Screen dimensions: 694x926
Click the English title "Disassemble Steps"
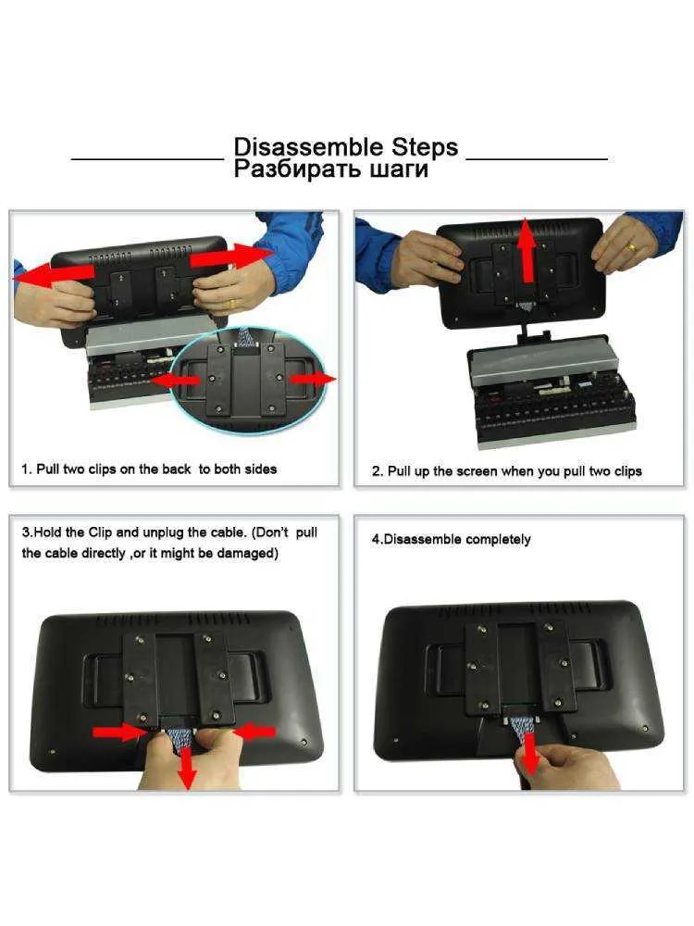pos(346,147)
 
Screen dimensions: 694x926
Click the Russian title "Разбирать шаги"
pos(331,169)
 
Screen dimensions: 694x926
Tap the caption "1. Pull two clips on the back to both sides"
pos(149,469)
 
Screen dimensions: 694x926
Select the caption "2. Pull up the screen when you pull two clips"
pos(507,471)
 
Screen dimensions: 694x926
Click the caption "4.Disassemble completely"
pos(451,539)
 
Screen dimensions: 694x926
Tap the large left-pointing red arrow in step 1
pos(54,273)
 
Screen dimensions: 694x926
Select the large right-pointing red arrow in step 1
pos(231,256)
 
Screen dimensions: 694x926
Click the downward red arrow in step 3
pos(187,769)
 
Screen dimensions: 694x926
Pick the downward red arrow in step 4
pos(530,754)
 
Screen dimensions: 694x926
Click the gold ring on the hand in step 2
pos(631,246)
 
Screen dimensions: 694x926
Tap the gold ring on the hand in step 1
pos(232,304)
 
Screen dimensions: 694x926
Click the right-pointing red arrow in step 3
pos(118,732)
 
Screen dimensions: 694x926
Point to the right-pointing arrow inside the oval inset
pos(313,378)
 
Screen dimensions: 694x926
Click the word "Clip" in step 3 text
pos(100,532)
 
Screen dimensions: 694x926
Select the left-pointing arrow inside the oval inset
pos(176,381)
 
